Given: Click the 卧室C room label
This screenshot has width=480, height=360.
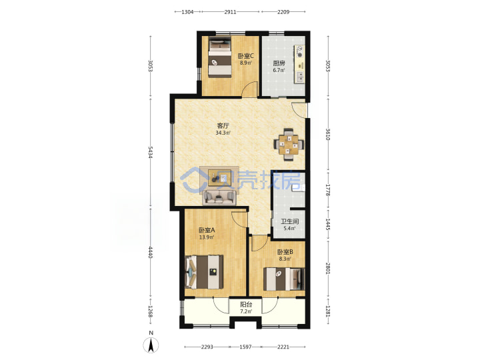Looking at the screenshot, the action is pos(246,56).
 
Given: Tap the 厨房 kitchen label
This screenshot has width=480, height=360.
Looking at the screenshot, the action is pos(279,63).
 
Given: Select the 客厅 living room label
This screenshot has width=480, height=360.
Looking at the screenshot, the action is pos(223,125).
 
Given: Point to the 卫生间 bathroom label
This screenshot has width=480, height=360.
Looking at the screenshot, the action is pos(289,221).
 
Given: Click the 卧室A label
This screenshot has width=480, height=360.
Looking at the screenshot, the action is pos(207,230).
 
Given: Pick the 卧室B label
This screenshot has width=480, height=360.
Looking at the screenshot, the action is pos(285,252).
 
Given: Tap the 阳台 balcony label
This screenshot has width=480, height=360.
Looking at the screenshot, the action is pos(246,305).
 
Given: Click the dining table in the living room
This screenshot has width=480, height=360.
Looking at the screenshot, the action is pos(289,144).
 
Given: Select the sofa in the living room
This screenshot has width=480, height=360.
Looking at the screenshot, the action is pos(219,197).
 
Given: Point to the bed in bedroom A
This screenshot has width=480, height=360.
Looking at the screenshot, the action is pos(204,272).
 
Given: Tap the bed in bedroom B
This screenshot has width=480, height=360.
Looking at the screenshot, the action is pos(284,279).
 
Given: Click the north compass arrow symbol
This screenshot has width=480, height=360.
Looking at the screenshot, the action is pos(151,345).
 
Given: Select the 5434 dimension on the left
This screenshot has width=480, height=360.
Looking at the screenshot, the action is pos(150,152).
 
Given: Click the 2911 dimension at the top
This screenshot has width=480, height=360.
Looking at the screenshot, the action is pos(230,12).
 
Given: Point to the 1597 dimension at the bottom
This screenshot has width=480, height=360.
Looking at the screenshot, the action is pos(245,347).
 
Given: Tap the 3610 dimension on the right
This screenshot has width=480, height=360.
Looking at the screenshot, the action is pos(327,134).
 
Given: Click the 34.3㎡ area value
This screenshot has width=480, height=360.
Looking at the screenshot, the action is pos(223,133).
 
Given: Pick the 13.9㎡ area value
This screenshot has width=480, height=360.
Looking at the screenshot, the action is pos(207,237).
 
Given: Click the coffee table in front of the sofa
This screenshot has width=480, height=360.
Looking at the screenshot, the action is pos(219,178).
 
